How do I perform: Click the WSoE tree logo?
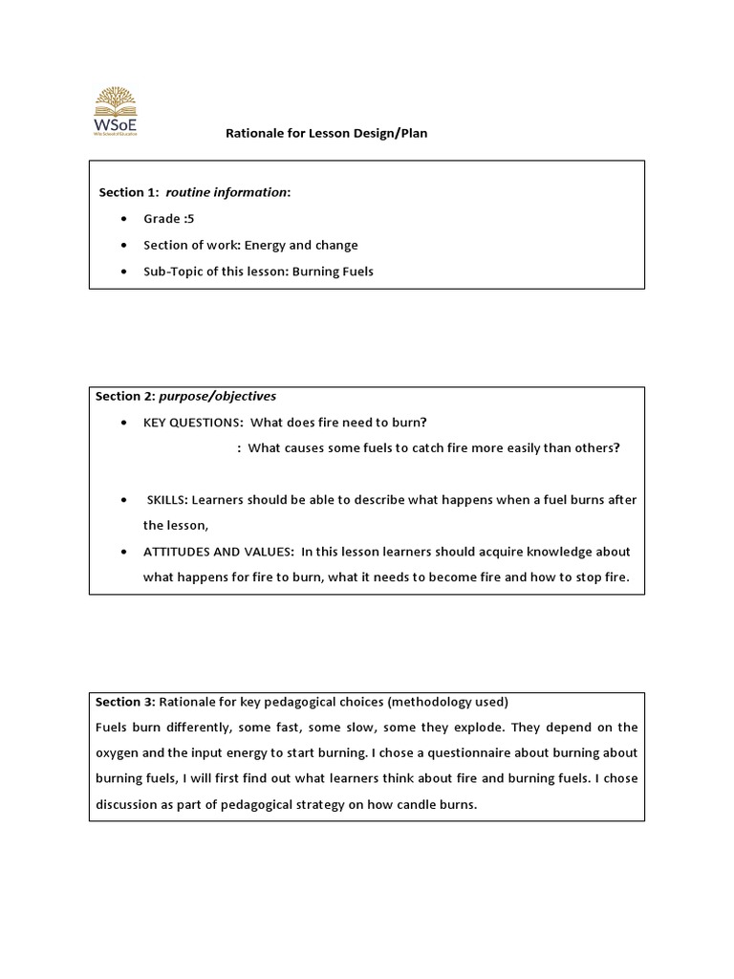(114, 111)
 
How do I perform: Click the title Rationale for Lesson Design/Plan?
(326, 134)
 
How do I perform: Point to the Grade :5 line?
(168, 219)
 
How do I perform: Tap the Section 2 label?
(124, 396)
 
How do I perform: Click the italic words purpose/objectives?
(217, 396)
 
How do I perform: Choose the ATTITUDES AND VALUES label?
(218, 552)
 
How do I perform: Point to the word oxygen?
(117, 753)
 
